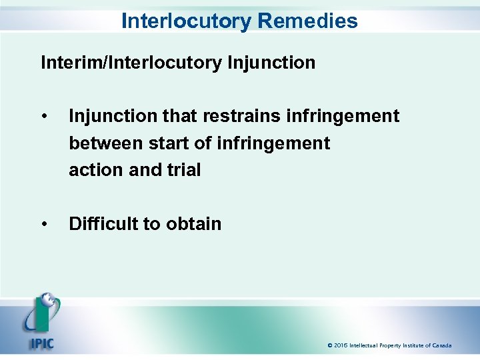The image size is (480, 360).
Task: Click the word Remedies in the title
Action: click(307, 21)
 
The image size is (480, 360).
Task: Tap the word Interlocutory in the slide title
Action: click(187, 21)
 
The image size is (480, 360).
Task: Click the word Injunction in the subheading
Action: click(271, 63)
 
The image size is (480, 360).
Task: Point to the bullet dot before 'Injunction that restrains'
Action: click(44, 117)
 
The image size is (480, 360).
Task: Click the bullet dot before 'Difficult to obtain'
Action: click(44, 225)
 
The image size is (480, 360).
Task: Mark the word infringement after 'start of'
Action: click(273, 143)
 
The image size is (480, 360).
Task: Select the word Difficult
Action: click(104, 224)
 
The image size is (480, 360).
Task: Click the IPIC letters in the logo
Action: click(41, 345)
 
